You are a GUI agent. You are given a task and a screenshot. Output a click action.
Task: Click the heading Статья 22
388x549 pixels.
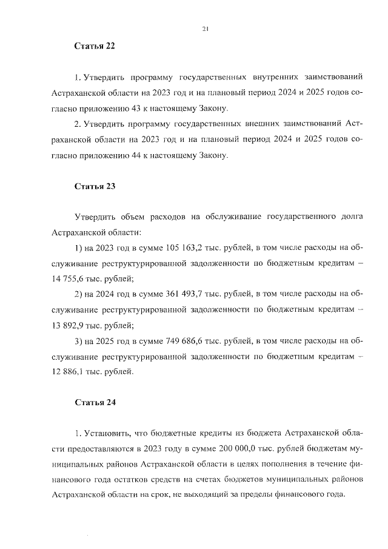click(x=95, y=46)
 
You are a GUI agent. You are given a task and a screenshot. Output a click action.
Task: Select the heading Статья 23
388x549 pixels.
click(x=95, y=186)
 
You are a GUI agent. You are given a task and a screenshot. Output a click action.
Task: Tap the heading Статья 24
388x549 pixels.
click(x=95, y=402)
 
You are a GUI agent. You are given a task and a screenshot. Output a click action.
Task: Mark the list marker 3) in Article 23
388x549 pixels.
click(x=78, y=340)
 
